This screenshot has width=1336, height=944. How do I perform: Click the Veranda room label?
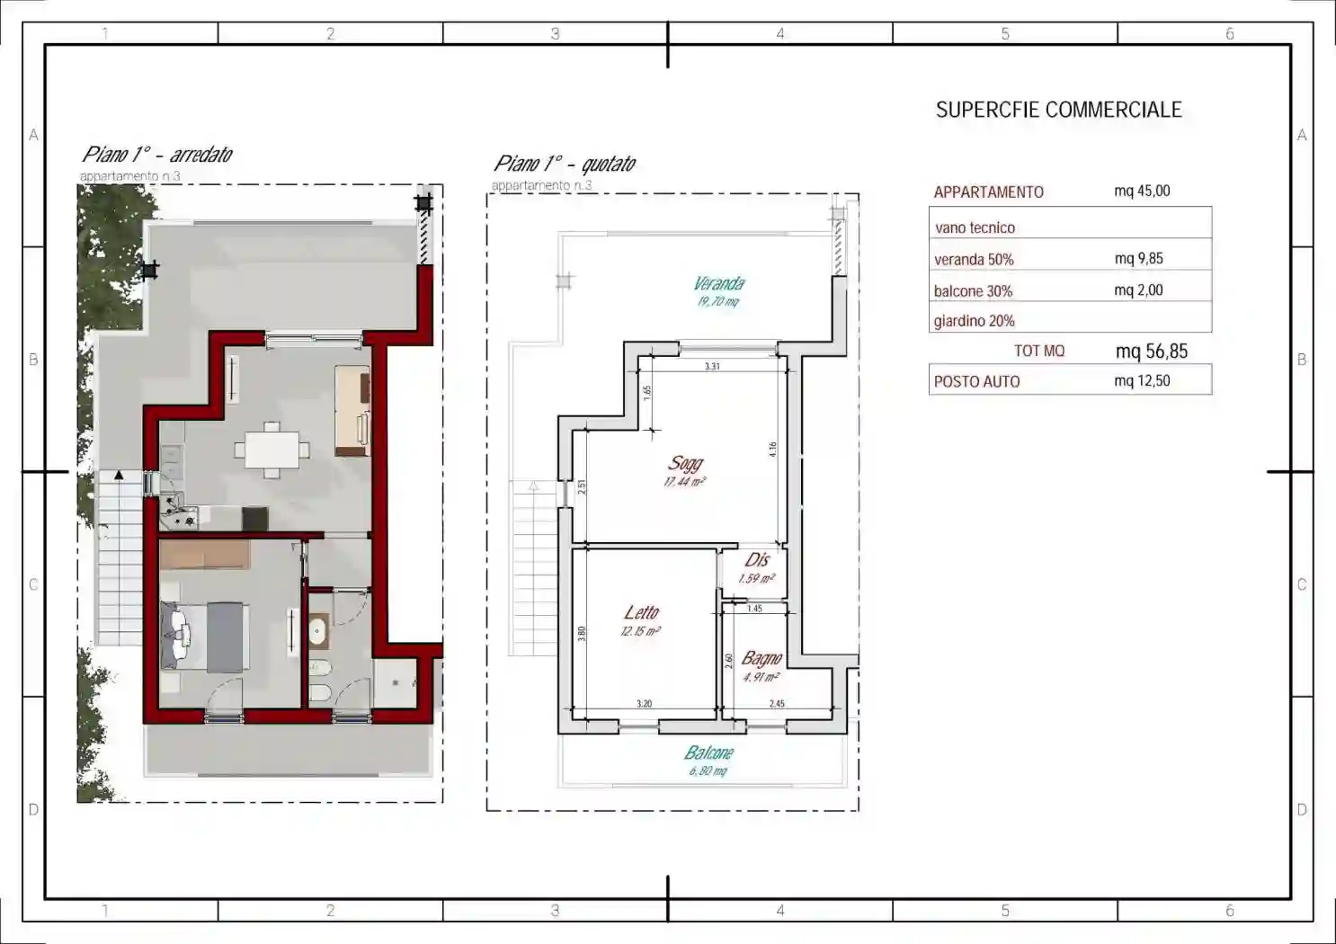(x=719, y=284)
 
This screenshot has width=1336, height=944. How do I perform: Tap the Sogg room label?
(x=685, y=464)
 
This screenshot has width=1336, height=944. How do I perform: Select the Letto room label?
(x=642, y=613)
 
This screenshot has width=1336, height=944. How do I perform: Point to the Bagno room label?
(x=762, y=659)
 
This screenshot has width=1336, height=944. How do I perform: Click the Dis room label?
(x=757, y=560)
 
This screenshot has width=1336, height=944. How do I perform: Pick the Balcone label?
(x=709, y=753)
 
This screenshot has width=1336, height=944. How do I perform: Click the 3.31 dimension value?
(x=712, y=367)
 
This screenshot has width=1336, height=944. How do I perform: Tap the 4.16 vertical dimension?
(x=772, y=450)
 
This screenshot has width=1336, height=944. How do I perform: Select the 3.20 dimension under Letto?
(x=644, y=704)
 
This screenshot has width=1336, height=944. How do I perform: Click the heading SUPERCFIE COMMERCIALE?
(x=1058, y=111)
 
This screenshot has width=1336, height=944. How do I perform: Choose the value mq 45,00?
(x=1142, y=191)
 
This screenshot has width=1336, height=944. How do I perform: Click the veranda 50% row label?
(x=974, y=260)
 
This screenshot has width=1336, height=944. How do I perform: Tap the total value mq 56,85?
(x=1151, y=352)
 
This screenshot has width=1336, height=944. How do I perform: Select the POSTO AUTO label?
(x=976, y=382)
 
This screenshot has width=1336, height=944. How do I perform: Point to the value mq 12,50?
(x=1142, y=381)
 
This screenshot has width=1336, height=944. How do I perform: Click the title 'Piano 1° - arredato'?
(x=157, y=155)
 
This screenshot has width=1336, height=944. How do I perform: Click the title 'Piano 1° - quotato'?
(x=565, y=164)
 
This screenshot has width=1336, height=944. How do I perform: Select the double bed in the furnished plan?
(x=205, y=637)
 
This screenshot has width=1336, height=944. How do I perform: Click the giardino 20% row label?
(x=974, y=321)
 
